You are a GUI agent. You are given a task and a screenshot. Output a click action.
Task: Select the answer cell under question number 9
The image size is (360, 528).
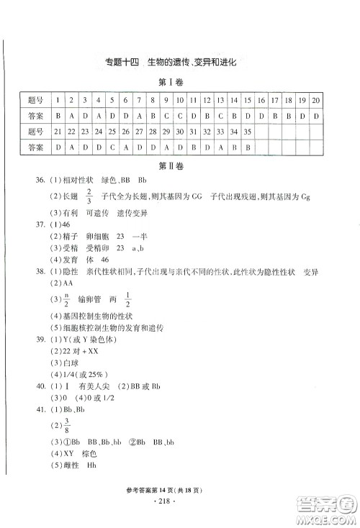[166, 114]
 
